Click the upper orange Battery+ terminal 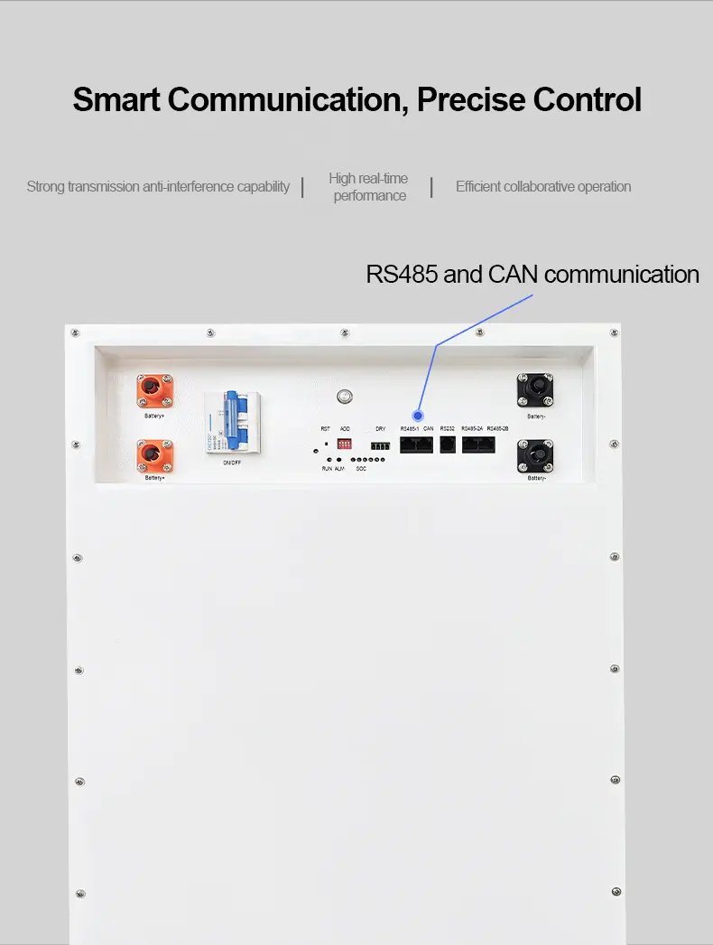coord(154,391)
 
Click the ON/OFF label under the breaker coord(232,463)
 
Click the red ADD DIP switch coord(345,444)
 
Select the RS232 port coord(448,444)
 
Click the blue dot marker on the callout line coord(418,415)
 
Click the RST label coord(325,428)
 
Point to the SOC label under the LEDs coord(361,469)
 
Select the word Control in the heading coord(588,99)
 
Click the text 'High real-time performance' coord(368,187)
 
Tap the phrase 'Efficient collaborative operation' coord(543,187)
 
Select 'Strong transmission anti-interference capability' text coord(158,187)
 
